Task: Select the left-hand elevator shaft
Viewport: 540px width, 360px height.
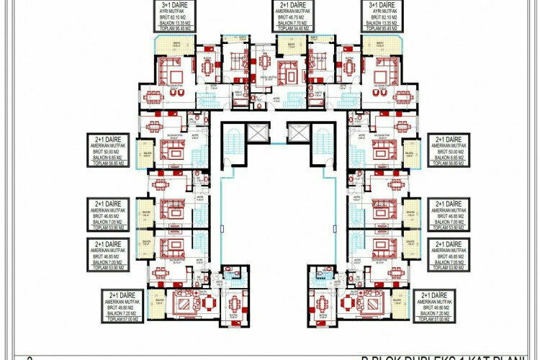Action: [256, 133]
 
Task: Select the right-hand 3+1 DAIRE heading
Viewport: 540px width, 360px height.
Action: [383, 5]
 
